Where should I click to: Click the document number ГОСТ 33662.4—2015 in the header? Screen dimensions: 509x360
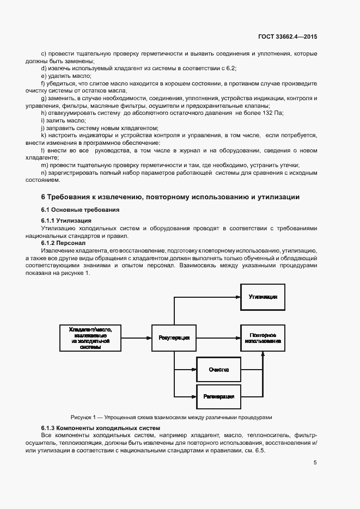[x=288, y=36]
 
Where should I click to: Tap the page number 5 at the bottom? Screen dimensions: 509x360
[x=315, y=463]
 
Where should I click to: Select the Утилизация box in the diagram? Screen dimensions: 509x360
[x=263, y=297]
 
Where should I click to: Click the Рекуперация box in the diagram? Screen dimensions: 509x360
[x=174, y=338]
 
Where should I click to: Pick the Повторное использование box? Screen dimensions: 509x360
[x=263, y=338]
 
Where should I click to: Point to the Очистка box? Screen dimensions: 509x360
[x=218, y=370]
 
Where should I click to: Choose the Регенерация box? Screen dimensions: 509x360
[x=218, y=396]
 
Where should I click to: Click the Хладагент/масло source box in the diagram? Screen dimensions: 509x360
[x=90, y=338]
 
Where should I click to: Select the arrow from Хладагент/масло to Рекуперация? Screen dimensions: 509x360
[x=136, y=338]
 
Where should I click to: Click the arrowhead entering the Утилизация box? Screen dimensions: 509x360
[x=238, y=297]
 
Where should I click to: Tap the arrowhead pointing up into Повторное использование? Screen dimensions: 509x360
[x=263, y=354]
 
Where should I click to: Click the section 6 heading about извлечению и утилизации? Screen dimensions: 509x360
[x=170, y=197]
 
